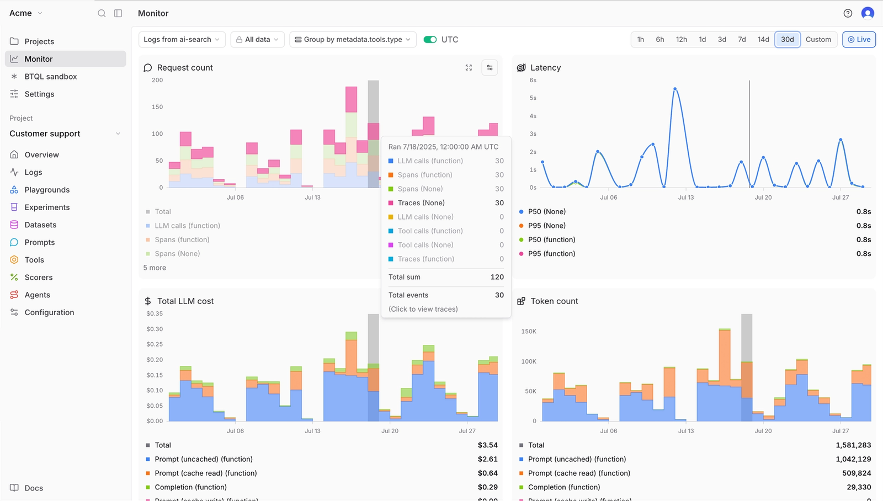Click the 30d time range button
coord(787,39)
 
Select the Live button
coord(859,39)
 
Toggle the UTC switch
coord(430,39)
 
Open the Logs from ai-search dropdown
coord(182,39)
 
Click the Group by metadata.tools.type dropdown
coord(353,39)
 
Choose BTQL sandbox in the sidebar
coord(50,77)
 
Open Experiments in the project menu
coord(47,207)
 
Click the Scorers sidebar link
coord(39,278)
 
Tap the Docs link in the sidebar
coord(33,488)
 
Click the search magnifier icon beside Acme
coord(102,13)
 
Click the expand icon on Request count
coord(469,67)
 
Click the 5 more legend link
coord(155,268)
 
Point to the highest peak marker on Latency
coord(675,89)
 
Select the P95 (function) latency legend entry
coord(551,254)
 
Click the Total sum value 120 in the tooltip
coord(497,277)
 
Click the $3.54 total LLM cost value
coord(487,445)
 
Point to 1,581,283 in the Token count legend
coord(853,445)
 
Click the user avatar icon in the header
coord(868,13)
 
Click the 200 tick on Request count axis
coord(157,80)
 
